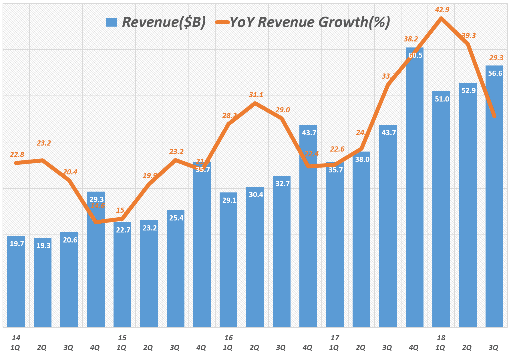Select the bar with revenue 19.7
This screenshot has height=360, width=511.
coord(16,283)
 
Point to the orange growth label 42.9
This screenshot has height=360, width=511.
coord(442,10)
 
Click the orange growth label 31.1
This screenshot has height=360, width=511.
coord(256,95)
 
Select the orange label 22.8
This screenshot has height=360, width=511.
coord(17,155)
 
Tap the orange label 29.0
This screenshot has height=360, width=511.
coord(283,110)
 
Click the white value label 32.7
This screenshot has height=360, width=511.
coord(283,184)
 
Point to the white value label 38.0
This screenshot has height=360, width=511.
coord(362,160)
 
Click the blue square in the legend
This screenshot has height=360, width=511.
coord(112,22)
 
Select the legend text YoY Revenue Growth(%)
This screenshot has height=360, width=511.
coord(310,22)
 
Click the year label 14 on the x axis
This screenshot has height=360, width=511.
coord(16,338)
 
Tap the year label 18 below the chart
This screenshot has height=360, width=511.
coord(441,338)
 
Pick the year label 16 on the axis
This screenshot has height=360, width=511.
coord(228,338)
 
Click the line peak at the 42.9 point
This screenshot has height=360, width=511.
coord(441,19)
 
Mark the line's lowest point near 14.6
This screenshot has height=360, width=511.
coord(97,222)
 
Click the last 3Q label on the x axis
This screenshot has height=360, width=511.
coord(493,348)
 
